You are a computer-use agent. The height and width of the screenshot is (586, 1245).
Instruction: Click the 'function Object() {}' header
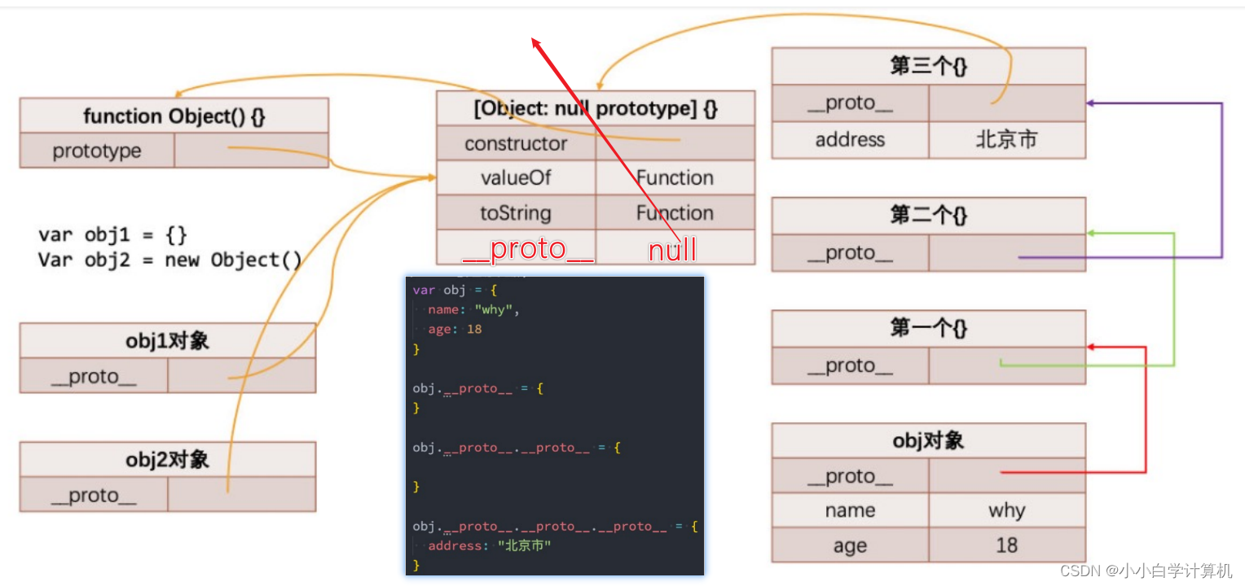[x=174, y=116]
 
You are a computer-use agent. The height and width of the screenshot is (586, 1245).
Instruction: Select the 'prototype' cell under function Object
[x=97, y=151]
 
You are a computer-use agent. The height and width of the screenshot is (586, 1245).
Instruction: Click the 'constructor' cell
[x=516, y=143]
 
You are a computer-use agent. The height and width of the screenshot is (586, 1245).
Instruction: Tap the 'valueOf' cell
[x=516, y=177]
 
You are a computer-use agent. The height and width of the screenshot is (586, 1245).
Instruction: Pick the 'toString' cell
[x=516, y=213]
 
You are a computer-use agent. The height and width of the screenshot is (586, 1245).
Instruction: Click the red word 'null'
[x=672, y=249]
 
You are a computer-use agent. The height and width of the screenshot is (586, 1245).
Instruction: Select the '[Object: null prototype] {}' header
[x=596, y=108]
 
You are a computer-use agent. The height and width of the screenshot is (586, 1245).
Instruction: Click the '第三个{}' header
[x=928, y=66]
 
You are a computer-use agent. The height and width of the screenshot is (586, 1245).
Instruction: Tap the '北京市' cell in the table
[x=1006, y=140]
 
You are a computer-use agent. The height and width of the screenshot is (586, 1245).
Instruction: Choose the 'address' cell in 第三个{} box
[x=850, y=140]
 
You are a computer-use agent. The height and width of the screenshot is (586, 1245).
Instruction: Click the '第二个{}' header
[x=928, y=215]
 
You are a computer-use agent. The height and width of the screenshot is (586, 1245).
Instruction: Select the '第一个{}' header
[x=928, y=328]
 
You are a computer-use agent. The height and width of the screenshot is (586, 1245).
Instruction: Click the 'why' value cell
[x=1006, y=510]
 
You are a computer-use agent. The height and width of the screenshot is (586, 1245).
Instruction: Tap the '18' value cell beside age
[x=1006, y=545]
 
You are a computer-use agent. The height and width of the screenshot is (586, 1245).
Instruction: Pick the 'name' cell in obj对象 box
[x=850, y=510]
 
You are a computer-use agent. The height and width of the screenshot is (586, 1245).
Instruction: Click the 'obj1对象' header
[x=167, y=340]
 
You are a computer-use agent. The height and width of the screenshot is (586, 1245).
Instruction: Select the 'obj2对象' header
[x=167, y=459]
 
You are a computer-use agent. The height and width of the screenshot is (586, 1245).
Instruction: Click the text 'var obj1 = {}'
[x=112, y=235]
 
